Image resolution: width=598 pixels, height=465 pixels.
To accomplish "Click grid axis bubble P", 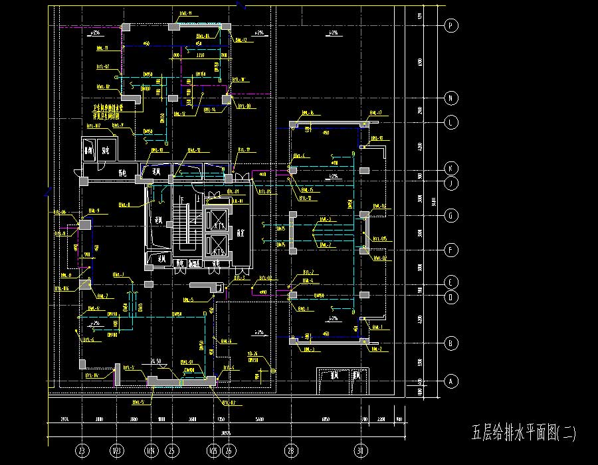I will (x=451, y=26).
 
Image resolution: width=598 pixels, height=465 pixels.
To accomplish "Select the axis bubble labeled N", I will (x=451, y=98).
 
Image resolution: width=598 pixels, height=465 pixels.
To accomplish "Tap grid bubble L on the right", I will (x=451, y=122).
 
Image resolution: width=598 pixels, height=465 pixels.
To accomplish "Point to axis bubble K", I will (x=451, y=167).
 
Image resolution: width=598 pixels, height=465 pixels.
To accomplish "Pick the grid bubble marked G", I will (x=451, y=215).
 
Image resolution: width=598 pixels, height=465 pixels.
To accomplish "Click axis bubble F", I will (x=451, y=250).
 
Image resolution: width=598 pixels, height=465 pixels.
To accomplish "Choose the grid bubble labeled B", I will (x=451, y=343).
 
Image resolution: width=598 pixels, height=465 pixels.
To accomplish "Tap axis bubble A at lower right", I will (x=451, y=381).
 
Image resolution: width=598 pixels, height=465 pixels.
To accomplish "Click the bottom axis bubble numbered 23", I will (x=82, y=451).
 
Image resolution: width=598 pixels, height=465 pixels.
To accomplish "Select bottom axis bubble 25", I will (x=172, y=451).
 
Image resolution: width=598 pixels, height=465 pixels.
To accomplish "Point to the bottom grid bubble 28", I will (x=290, y=451).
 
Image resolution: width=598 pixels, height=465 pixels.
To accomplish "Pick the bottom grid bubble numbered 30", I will (x=361, y=451).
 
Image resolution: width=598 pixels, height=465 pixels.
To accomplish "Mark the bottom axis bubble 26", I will (x=229, y=451).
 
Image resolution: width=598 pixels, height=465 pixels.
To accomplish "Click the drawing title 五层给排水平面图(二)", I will (x=524, y=434).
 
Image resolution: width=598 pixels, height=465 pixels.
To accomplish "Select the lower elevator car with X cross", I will (x=217, y=246).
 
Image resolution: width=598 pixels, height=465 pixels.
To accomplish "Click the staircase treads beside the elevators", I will (x=180, y=227).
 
